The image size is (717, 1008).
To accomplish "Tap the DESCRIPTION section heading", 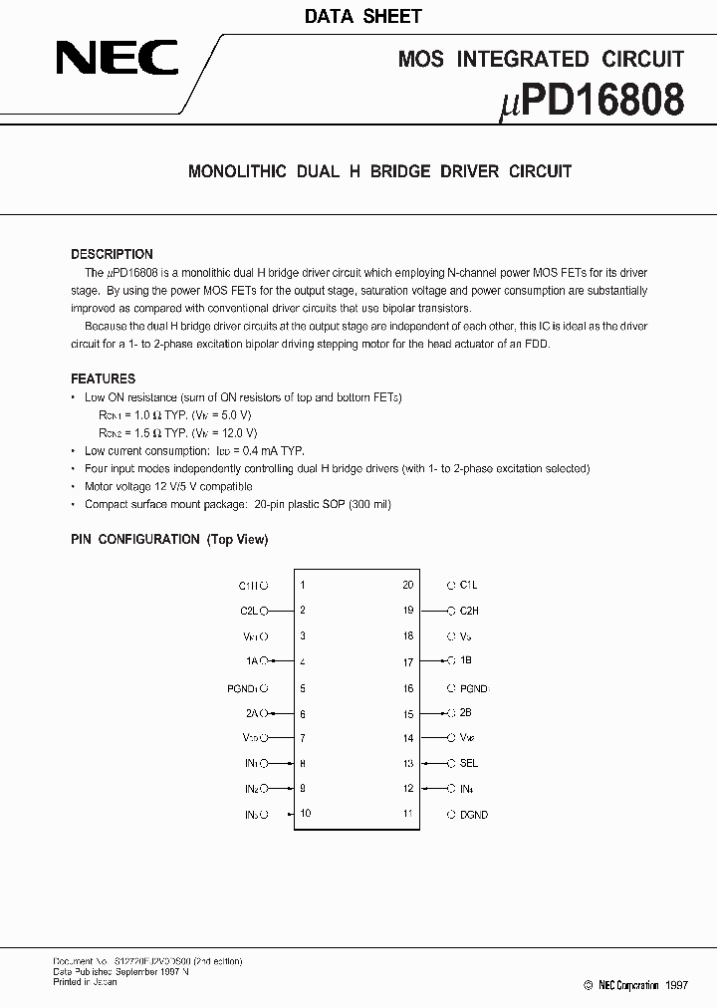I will point(112,254).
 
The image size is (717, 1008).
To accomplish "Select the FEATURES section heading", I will point(103,378).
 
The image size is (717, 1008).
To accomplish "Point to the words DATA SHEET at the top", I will point(362,16).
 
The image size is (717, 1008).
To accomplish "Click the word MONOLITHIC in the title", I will point(237,171).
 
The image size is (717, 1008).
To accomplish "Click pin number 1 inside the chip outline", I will point(303,586).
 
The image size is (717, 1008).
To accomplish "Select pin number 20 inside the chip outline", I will point(407,586).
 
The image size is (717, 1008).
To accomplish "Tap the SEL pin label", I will point(468,763).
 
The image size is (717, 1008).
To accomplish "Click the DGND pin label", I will point(473,815).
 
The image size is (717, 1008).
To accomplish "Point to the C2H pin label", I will point(468,611).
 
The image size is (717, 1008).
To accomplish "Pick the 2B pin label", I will point(465,713).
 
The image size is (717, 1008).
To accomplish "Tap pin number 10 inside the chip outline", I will point(305,814).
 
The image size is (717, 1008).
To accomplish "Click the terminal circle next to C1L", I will point(450,586).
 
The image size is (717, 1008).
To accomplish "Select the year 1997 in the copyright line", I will point(677,985).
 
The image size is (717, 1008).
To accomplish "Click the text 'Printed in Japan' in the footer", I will point(85,981).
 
